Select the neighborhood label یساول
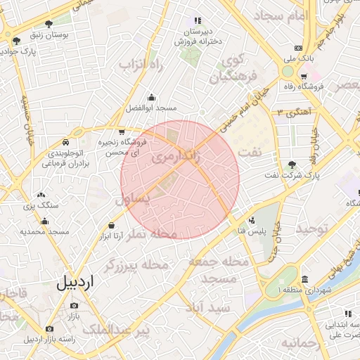click(131, 199)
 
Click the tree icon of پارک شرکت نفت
click(292, 164)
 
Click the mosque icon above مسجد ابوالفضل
click(151, 98)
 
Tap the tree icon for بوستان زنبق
click(48, 24)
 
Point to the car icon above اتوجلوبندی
click(65, 141)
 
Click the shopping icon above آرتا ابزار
click(111, 225)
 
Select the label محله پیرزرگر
click(136, 265)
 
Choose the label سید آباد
click(208, 307)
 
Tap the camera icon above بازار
click(74, 306)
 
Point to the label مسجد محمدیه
click(44, 231)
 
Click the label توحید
click(311, 230)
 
